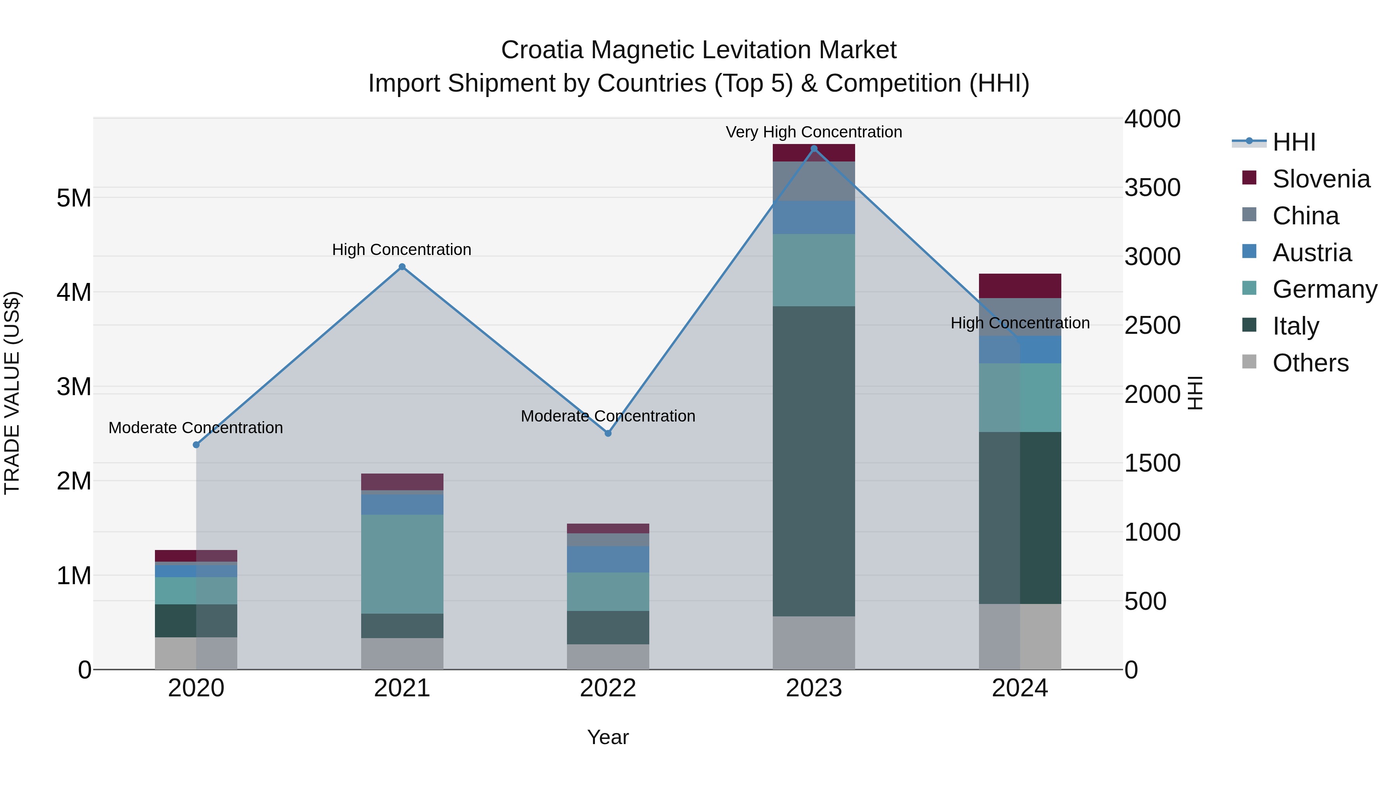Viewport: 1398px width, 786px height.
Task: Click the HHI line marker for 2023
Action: tap(814, 149)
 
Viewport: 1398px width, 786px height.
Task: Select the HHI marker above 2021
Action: tap(402, 267)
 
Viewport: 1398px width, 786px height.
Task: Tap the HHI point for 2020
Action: tap(196, 445)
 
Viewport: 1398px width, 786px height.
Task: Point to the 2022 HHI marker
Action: tap(608, 434)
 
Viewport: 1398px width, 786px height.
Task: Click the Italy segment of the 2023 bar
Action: tap(814, 461)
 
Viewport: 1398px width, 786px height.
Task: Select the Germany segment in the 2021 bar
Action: tap(402, 564)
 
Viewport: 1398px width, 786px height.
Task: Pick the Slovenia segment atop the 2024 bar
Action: tap(1020, 286)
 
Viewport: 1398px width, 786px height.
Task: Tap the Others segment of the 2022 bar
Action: tap(608, 657)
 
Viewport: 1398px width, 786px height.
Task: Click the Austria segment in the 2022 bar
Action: tap(608, 559)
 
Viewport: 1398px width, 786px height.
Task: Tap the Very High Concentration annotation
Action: tap(814, 132)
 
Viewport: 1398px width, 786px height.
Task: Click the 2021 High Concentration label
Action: tap(402, 250)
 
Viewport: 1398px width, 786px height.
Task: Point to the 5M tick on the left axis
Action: tap(74, 198)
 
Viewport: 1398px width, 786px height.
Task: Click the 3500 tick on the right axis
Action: tap(1152, 188)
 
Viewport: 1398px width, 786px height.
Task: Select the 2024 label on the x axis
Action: tap(1020, 688)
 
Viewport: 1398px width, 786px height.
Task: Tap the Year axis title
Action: tap(608, 737)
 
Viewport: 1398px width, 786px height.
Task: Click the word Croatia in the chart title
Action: tap(542, 50)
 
